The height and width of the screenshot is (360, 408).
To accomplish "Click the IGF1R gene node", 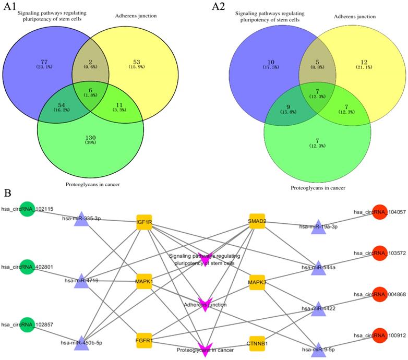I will [144, 222].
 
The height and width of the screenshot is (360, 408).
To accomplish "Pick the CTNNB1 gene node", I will [257, 344].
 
